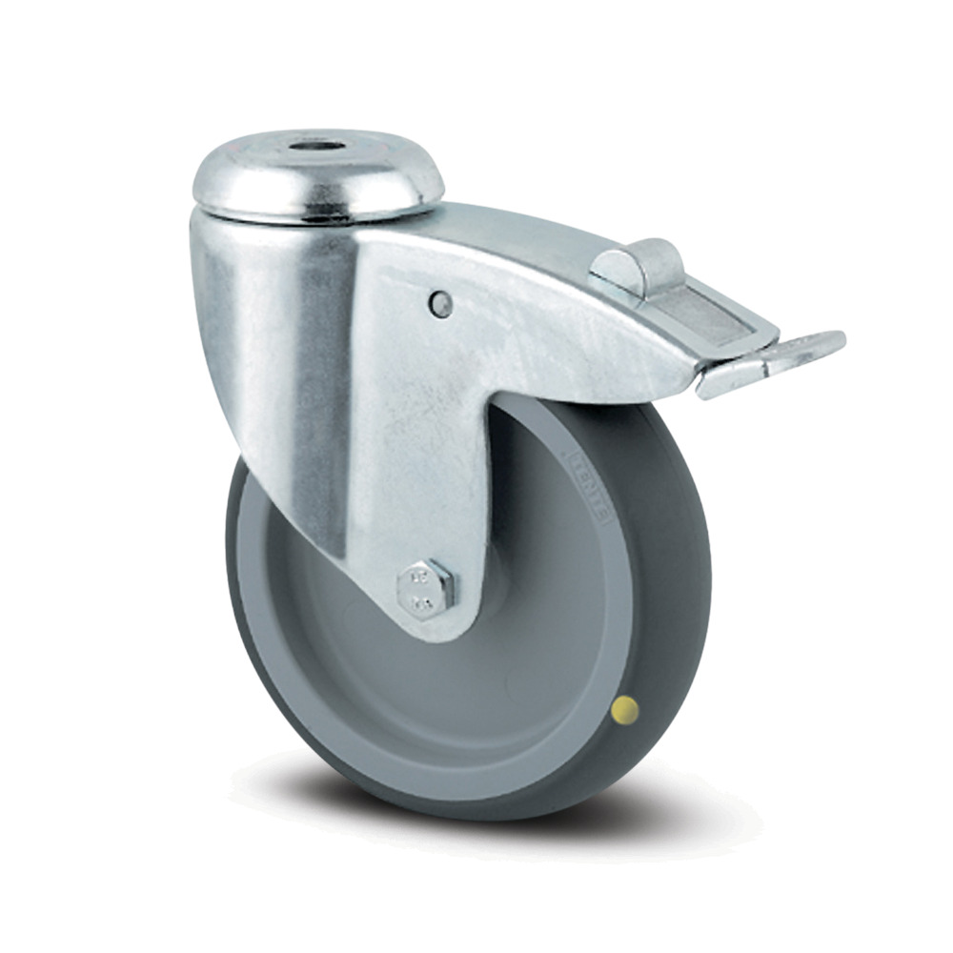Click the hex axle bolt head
pos(426,585)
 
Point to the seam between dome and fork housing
pos(314,216)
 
